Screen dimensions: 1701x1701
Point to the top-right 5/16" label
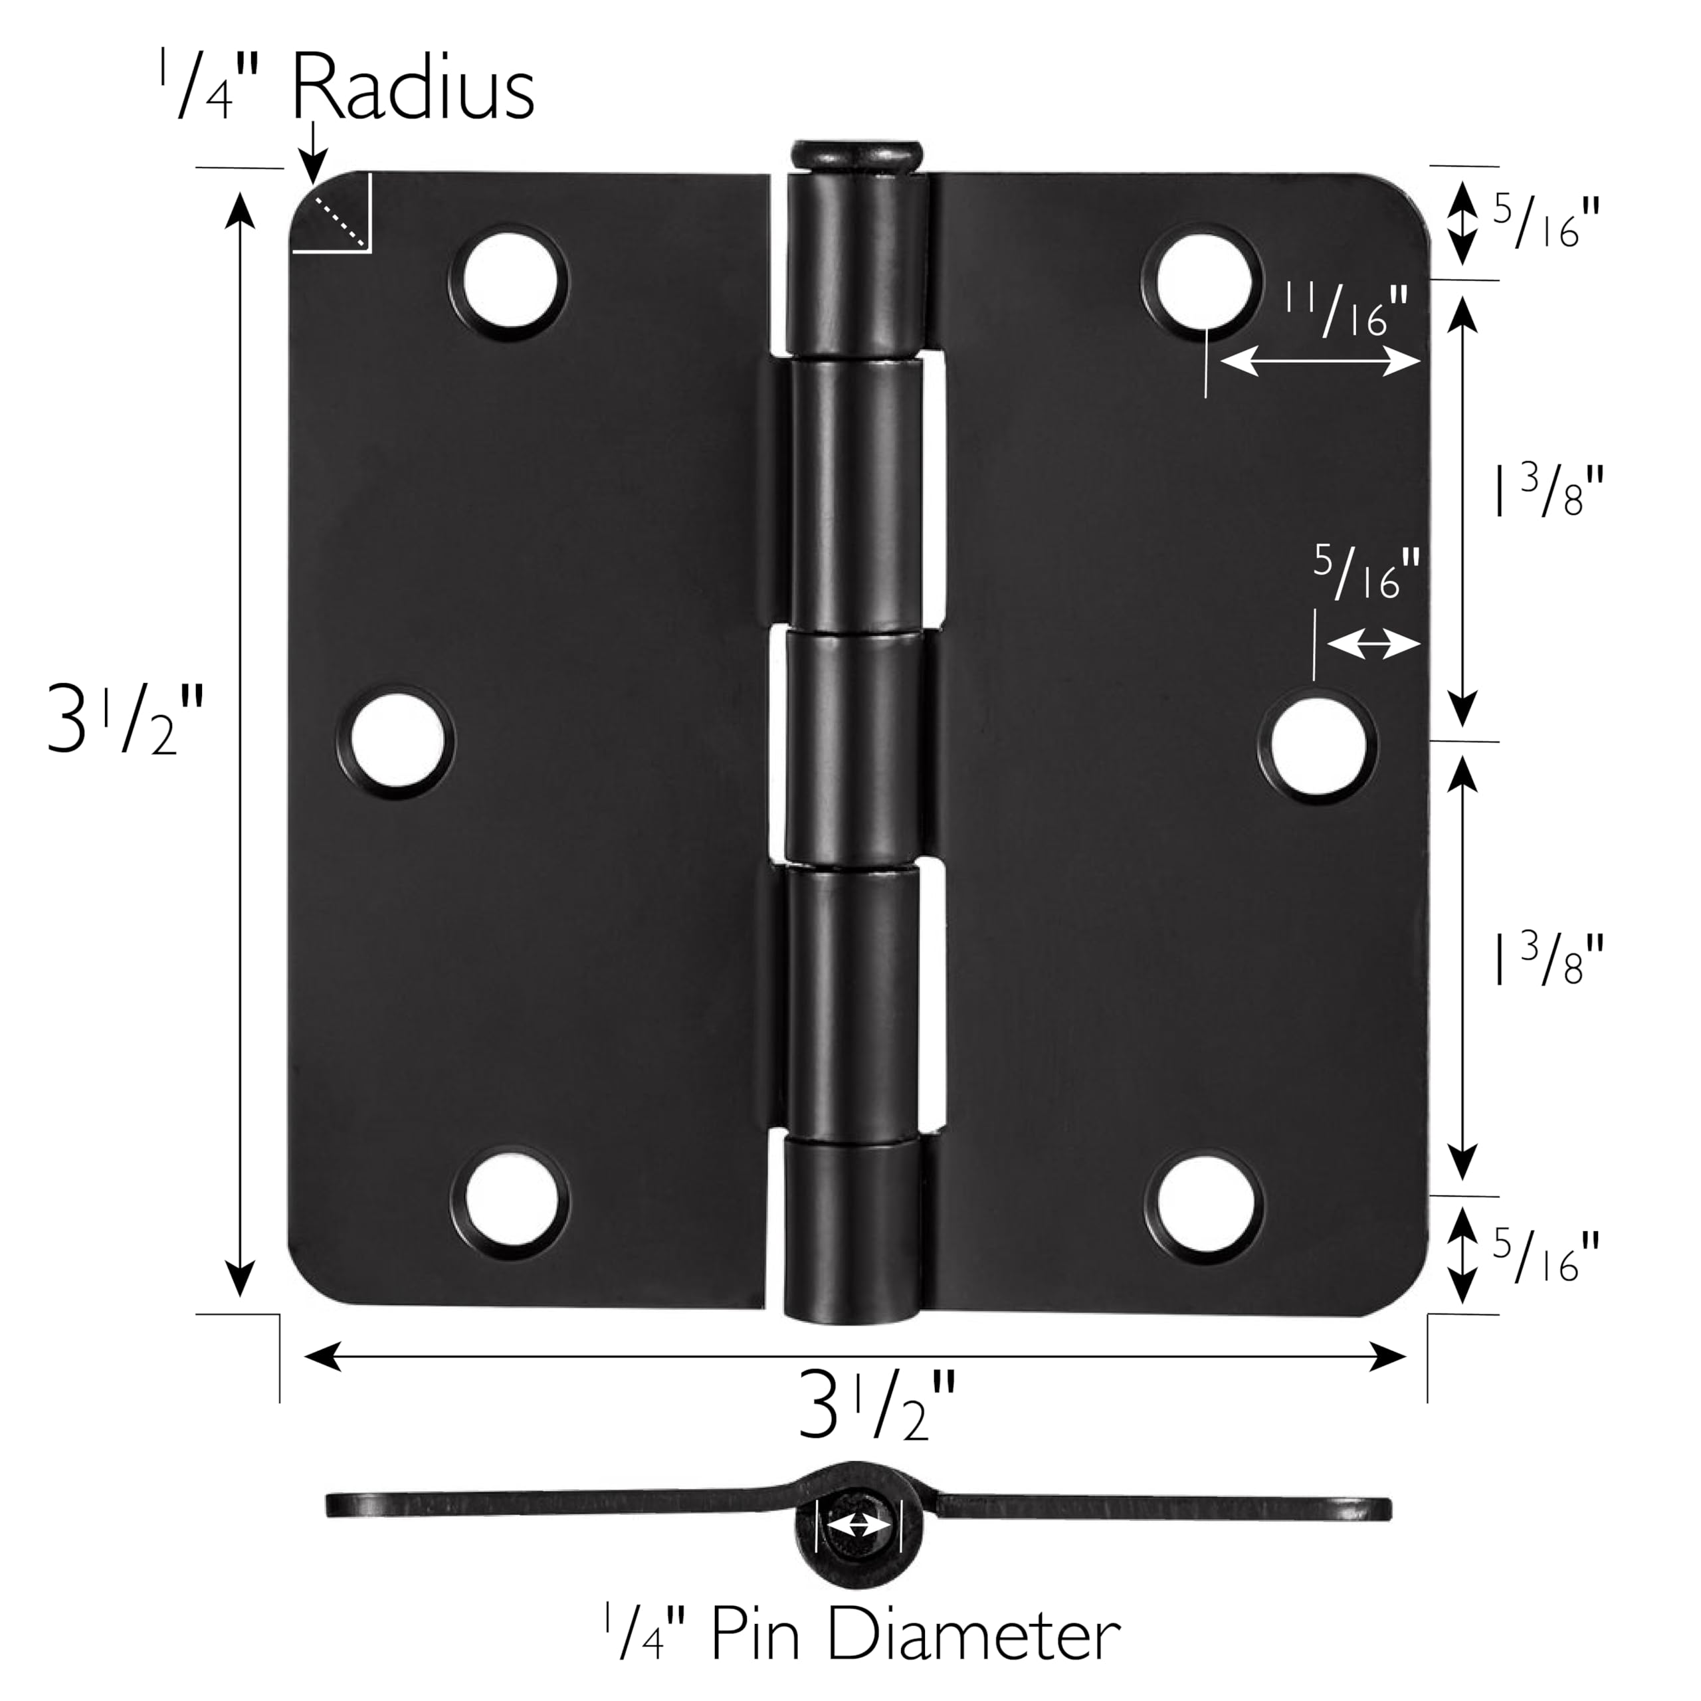[1545, 222]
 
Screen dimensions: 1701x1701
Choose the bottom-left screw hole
[509, 1202]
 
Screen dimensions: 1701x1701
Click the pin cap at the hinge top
[856, 157]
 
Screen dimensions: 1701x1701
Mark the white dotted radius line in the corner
[340, 220]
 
